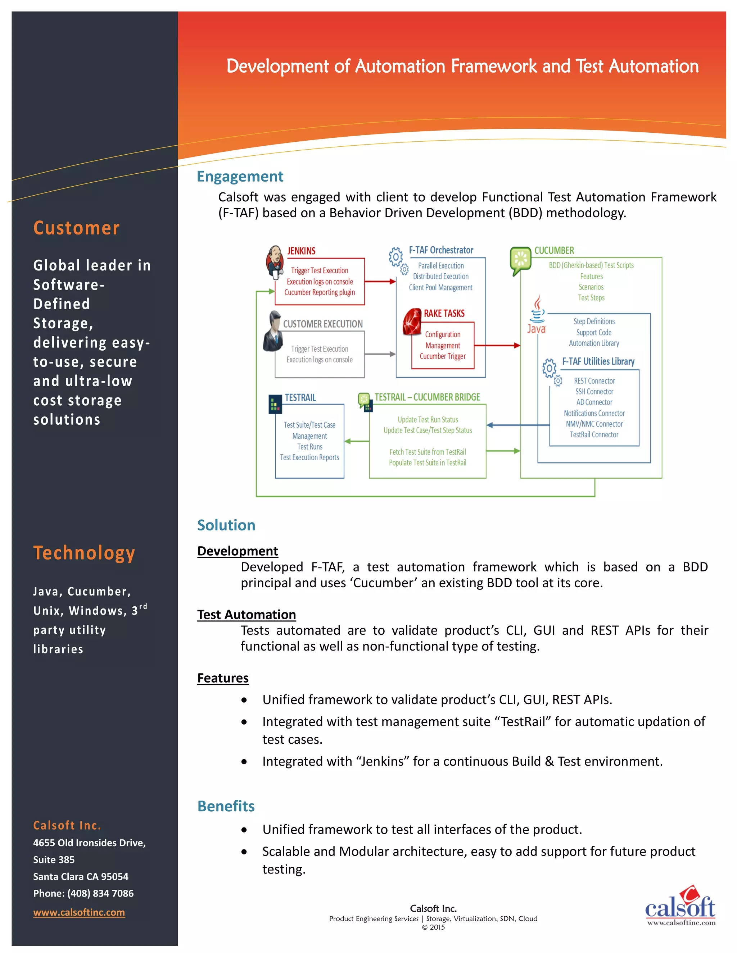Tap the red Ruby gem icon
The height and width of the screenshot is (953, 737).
coord(412,322)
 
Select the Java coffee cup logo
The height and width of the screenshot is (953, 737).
coord(537,314)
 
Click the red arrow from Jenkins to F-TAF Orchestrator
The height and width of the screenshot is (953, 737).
coord(380,282)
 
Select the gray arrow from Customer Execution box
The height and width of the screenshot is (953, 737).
coord(380,354)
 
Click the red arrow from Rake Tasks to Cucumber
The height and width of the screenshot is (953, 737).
coord(497,345)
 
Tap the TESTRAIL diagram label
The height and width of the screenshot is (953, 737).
coord(300,397)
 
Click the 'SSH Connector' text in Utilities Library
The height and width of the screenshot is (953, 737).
coord(594,391)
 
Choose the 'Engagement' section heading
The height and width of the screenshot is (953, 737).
coord(240,176)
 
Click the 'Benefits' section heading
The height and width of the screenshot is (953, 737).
coord(226,806)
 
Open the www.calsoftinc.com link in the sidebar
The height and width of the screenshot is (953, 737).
coord(79,912)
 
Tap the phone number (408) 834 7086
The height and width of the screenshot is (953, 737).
coord(100,893)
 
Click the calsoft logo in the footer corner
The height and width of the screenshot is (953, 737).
coord(680,906)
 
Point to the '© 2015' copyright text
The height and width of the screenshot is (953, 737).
coord(433,927)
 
